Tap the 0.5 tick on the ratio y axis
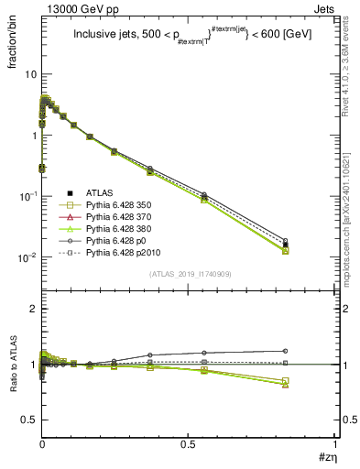(x=28, y=420)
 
